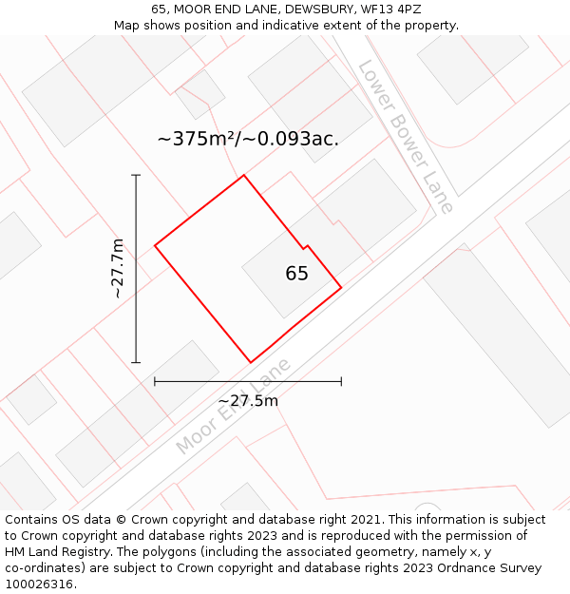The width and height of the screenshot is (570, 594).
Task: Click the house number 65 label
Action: [x=296, y=274]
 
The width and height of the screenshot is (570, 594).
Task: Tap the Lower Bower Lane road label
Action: [x=406, y=137]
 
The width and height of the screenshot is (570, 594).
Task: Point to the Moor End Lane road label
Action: [x=233, y=406]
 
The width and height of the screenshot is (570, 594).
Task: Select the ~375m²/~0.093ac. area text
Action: [x=248, y=139]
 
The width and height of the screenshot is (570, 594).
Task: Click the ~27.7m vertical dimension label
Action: [x=118, y=268]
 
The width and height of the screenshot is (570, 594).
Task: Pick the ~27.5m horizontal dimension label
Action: [x=248, y=401]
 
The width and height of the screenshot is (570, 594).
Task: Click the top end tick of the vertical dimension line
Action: [x=136, y=175]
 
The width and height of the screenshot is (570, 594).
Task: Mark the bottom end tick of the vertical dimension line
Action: [x=136, y=362]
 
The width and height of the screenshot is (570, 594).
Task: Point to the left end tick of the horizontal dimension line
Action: [x=155, y=381]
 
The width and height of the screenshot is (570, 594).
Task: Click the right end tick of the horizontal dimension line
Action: [x=341, y=381]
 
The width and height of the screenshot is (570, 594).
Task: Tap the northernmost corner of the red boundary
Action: [x=244, y=175]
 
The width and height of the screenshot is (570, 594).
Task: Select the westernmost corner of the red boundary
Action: [x=155, y=246]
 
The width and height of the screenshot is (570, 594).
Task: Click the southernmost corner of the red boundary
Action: [x=251, y=362]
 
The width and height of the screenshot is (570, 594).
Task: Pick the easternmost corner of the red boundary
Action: [x=341, y=287]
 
